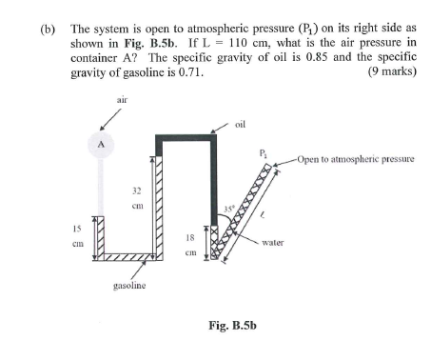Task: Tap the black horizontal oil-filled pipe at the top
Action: [x=186, y=138]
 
